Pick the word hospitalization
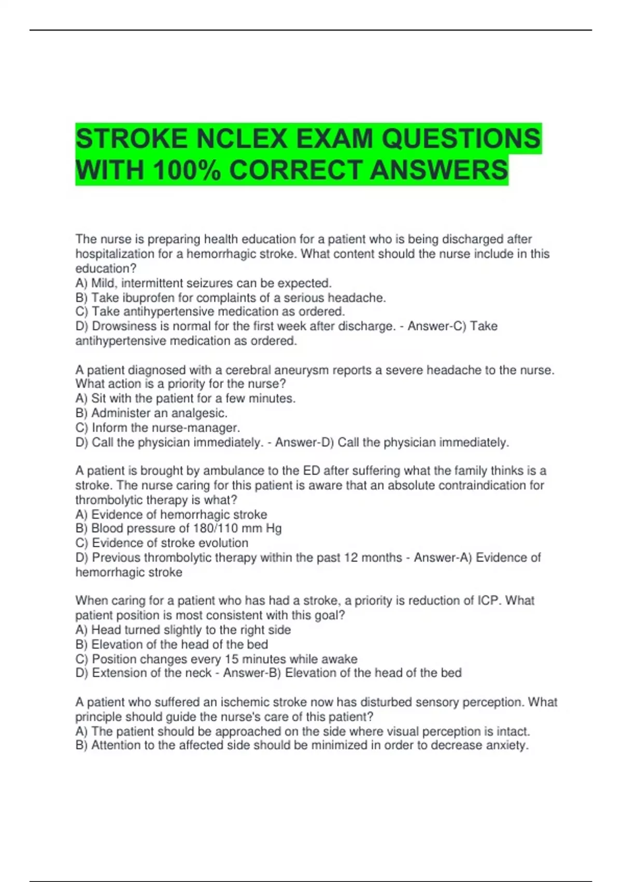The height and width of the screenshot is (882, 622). point(115,254)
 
